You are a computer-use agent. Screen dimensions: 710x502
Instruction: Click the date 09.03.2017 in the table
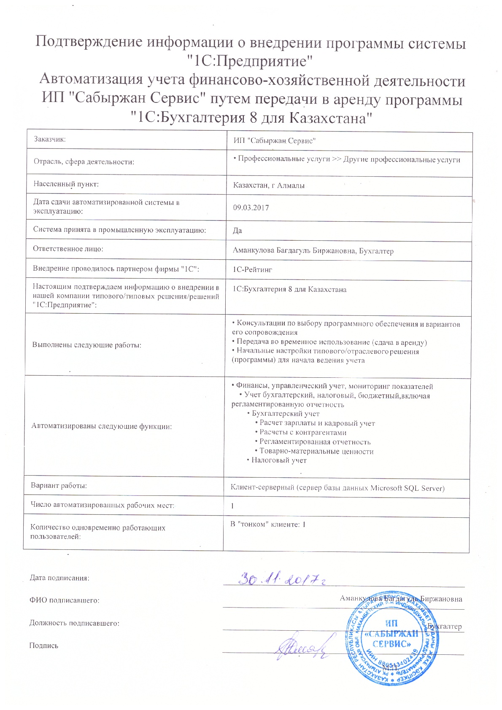click(x=251, y=207)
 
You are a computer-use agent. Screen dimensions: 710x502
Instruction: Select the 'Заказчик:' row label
click(x=50, y=139)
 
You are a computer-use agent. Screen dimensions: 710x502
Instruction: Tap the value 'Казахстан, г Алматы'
click(x=269, y=186)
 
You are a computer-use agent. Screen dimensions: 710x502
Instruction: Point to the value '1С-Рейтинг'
click(x=252, y=269)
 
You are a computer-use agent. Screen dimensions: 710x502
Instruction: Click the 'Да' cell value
click(x=238, y=231)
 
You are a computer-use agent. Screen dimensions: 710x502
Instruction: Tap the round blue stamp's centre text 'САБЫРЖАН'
click(x=393, y=634)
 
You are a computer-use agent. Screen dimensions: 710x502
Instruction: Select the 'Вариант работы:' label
click(x=59, y=485)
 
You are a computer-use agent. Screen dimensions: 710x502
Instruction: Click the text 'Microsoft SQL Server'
click(x=407, y=488)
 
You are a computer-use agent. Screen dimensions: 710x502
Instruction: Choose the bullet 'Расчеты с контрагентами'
click(x=303, y=433)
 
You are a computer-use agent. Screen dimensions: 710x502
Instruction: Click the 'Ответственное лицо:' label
click(x=68, y=249)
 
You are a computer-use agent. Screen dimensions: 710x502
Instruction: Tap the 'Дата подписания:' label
click(x=59, y=578)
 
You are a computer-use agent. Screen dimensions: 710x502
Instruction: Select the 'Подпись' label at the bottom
click(x=43, y=645)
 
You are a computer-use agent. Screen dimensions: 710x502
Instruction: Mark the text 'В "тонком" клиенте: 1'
click(x=267, y=524)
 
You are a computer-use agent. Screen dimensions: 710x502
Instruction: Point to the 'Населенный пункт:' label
click(x=66, y=184)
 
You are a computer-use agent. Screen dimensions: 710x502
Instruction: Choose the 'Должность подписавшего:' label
click(x=74, y=623)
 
